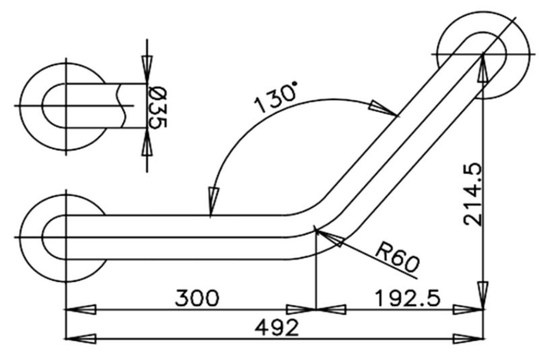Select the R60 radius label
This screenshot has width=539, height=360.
[396, 256]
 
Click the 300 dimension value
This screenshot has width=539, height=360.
[197, 297]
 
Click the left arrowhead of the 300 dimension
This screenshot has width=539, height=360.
[80, 309]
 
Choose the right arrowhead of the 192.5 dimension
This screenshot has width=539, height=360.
[469, 309]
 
